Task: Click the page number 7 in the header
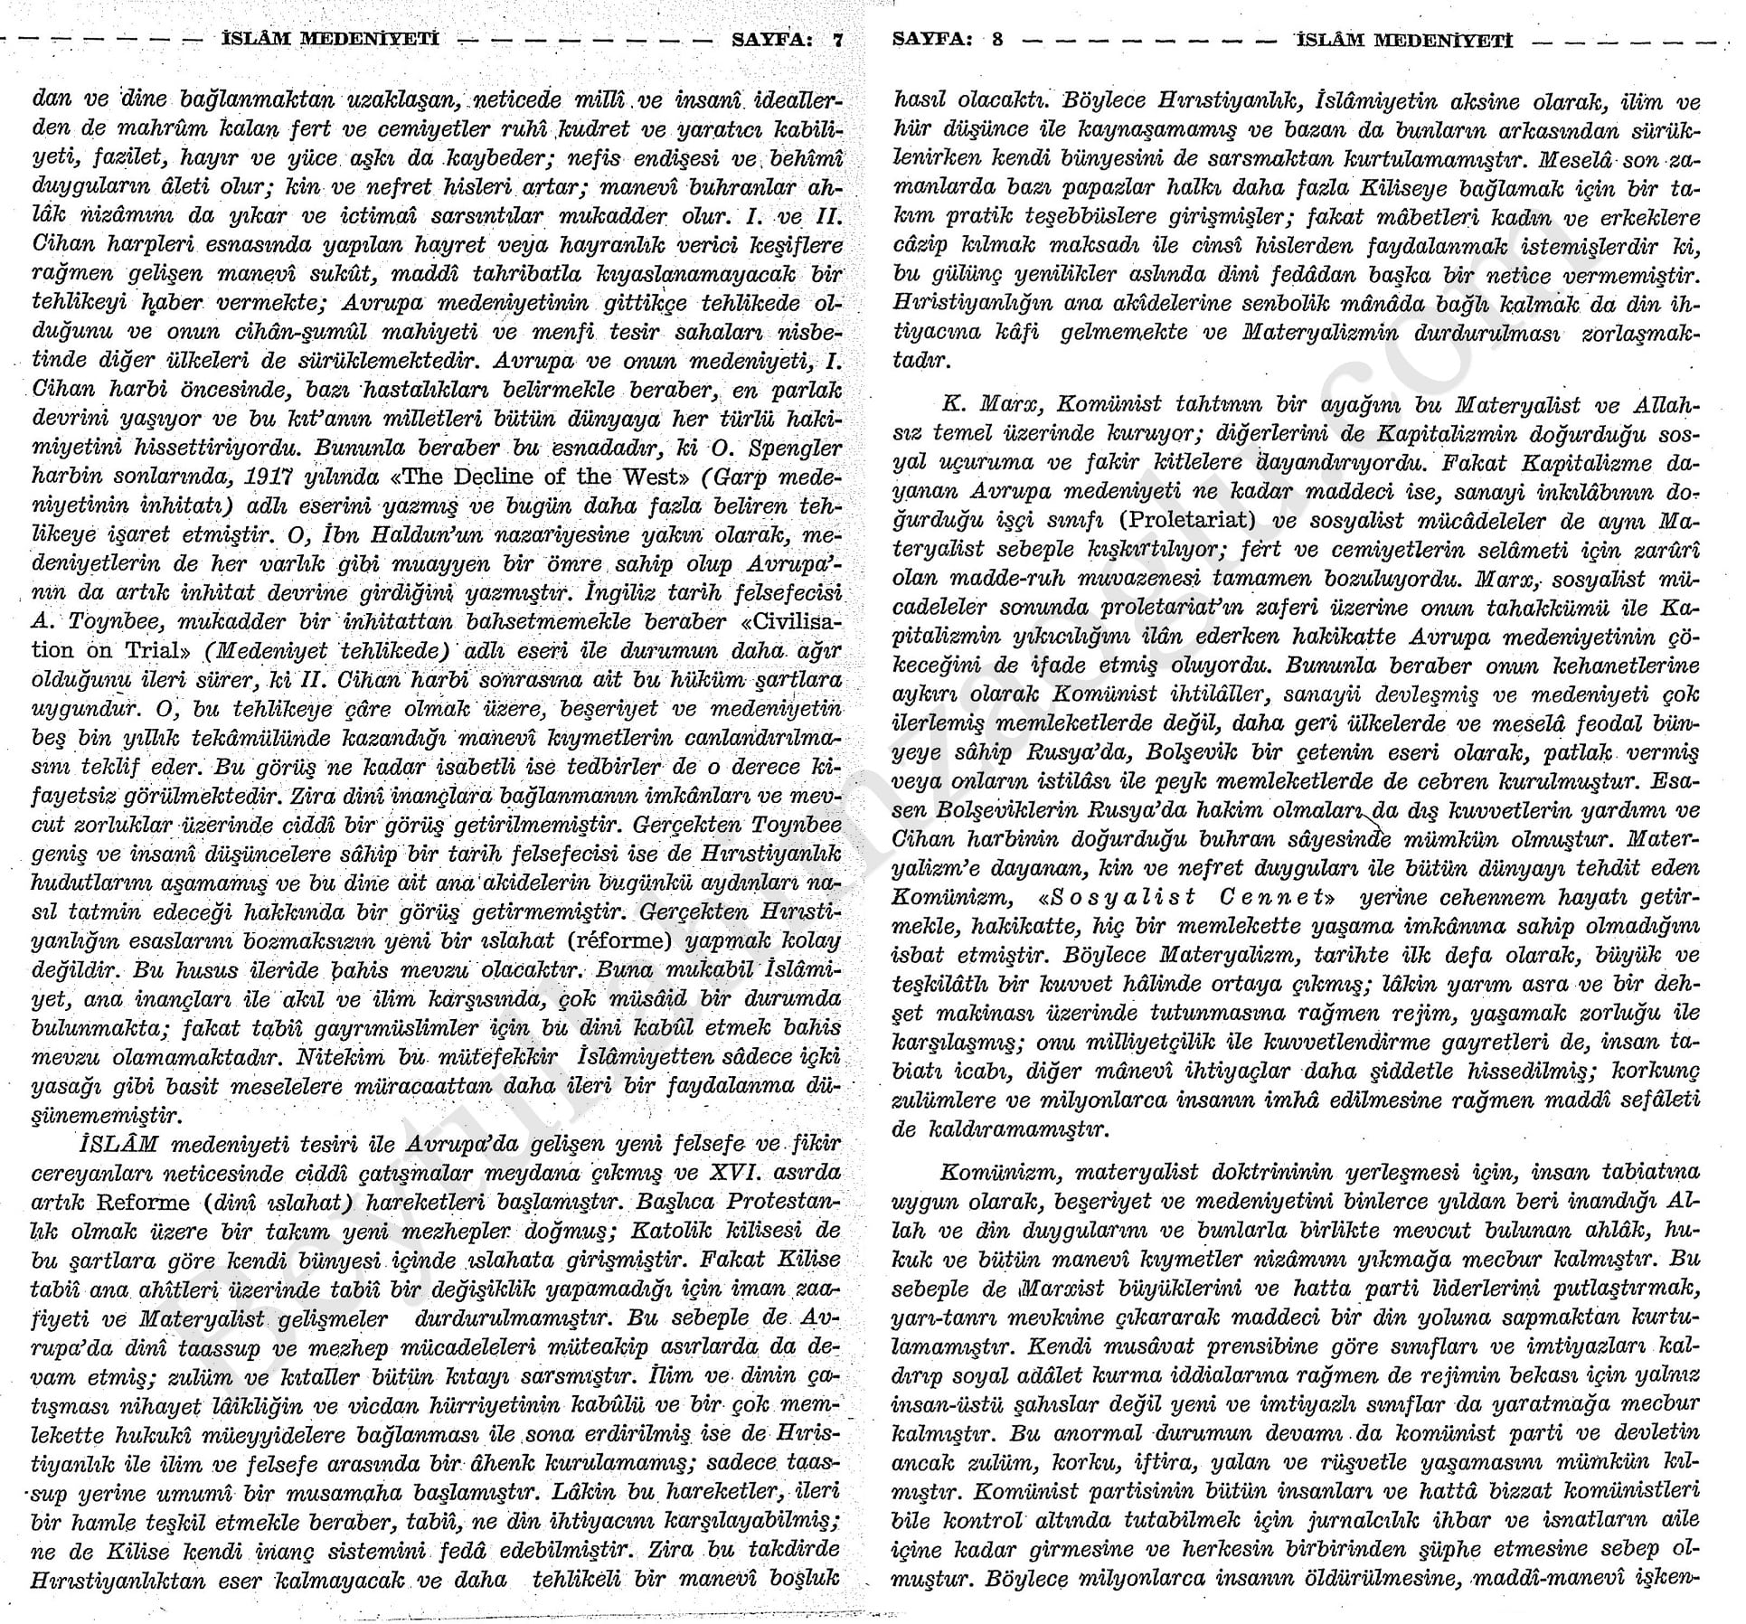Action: [837, 41]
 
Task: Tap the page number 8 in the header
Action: [997, 41]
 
